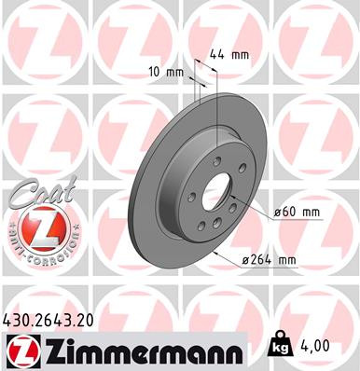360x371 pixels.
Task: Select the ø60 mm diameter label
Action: [298, 213]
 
